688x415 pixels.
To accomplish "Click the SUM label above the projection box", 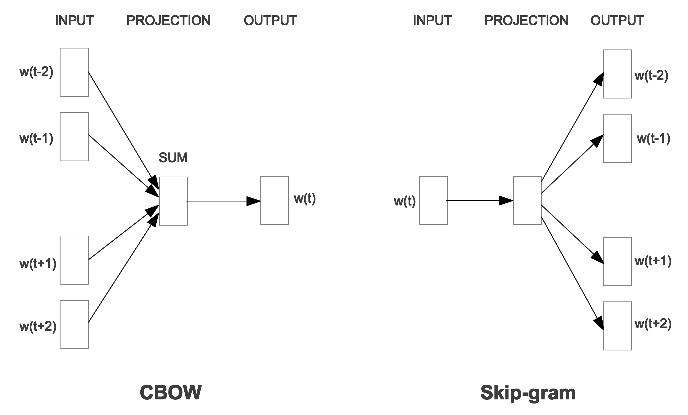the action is (x=173, y=158).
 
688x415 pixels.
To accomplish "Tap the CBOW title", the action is (x=170, y=392).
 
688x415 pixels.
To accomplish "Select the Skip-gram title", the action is (x=528, y=393).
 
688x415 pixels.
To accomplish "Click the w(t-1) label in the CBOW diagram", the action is (x=36, y=138).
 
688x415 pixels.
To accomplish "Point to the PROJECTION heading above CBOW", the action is (x=169, y=20).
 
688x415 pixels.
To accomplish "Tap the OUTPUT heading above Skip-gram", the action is (x=617, y=20).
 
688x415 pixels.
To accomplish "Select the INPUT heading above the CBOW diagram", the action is (x=75, y=20).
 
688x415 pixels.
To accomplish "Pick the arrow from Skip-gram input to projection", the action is (x=480, y=200).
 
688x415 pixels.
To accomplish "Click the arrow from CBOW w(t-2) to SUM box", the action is (x=124, y=131).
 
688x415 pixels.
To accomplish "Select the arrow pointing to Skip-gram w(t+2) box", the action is (x=573, y=274).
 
